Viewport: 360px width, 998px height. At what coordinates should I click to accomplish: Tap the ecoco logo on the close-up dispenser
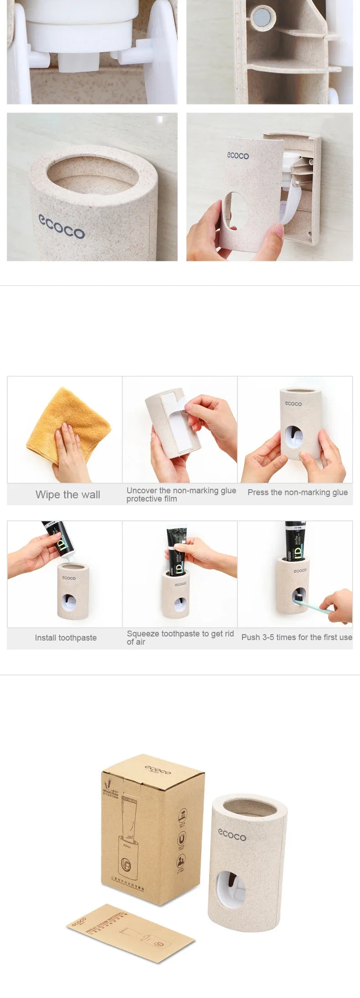click(62, 226)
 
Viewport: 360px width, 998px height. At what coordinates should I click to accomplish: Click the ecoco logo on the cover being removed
click(238, 155)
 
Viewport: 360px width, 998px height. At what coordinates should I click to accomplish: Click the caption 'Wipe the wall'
click(67, 495)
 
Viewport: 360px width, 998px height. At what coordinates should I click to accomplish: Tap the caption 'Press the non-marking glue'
click(297, 492)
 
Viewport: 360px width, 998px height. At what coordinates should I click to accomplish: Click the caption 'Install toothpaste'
click(66, 638)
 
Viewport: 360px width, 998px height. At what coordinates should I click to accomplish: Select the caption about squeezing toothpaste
click(180, 637)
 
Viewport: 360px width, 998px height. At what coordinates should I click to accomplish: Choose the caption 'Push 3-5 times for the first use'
click(296, 637)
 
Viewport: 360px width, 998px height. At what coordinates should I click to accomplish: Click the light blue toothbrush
click(314, 605)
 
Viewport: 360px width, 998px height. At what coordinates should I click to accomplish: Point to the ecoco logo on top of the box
click(158, 770)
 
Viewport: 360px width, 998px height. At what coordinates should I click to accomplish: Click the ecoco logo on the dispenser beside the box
click(232, 835)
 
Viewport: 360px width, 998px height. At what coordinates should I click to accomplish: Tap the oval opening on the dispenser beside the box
click(231, 890)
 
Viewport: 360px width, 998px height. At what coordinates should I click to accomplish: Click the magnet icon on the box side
click(181, 838)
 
